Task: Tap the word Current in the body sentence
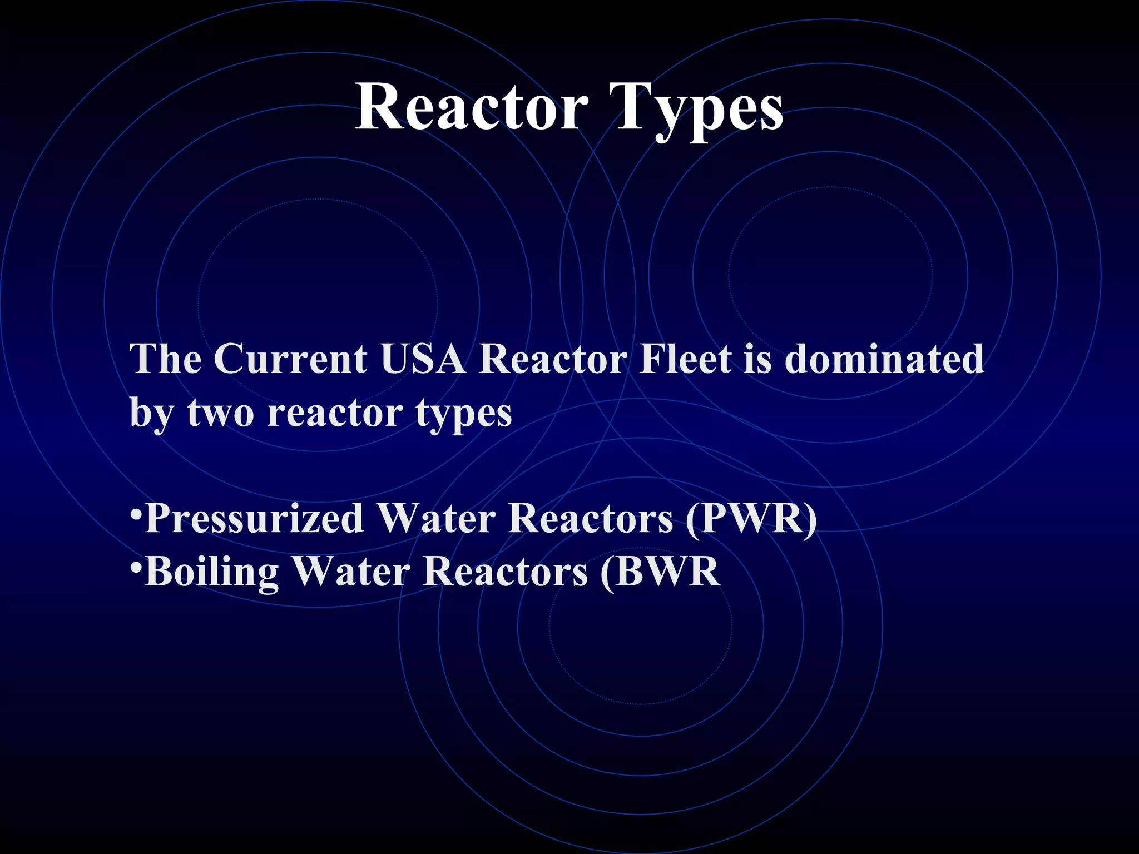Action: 290,359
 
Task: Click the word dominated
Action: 884,359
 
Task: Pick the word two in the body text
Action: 221,414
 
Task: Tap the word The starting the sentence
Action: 166,359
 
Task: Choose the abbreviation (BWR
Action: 660,573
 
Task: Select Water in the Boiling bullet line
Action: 350,572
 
